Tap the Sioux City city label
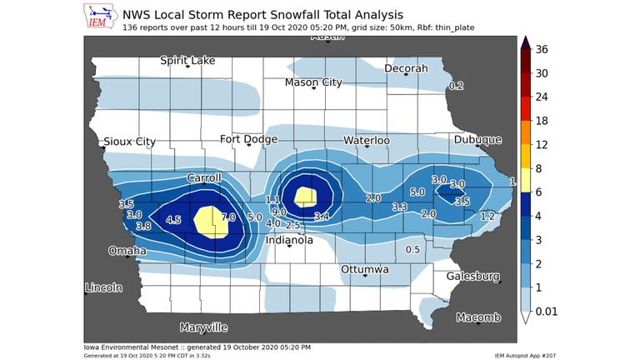(x=128, y=142)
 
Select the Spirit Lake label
(x=187, y=61)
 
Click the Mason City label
(x=313, y=82)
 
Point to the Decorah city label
(x=406, y=68)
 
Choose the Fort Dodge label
(x=247, y=139)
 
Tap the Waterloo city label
(x=367, y=141)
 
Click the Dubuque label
(x=478, y=140)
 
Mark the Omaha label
(x=127, y=251)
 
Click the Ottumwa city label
(x=365, y=270)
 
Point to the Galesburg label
(x=473, y=276)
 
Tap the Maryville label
(x=203, y=327)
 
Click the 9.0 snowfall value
(x=279, y=212)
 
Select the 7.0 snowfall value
(x=228, y=217)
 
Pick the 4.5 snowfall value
(x=173, y=220)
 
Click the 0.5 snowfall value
(x=412, y=250)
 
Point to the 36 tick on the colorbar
(x=542, y=49)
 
